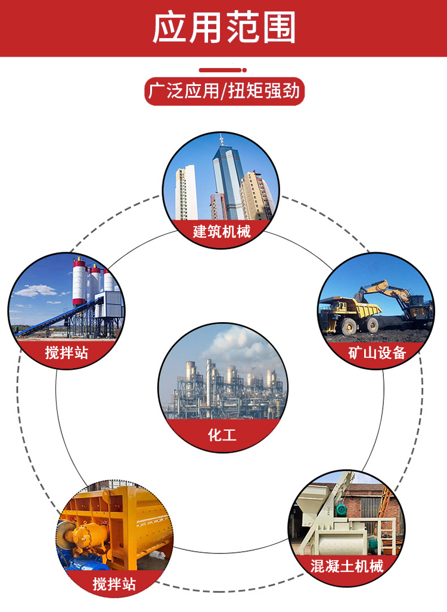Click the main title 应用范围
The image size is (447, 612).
(x=223, y=27)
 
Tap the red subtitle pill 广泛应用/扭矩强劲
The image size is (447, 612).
(x=224, y=91)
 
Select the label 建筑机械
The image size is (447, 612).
(x=222, y=231)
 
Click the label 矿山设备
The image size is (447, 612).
(x=377, y=353)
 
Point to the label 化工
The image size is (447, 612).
(x=222, y=435)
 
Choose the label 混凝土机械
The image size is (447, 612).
(x=347, y=566)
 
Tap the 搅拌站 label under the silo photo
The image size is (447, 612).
(x=66, y=353)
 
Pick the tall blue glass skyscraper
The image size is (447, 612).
(x=228, y=181)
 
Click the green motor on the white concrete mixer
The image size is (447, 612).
(x=342, y=509)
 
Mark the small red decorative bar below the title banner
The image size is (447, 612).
(x=223, y=70)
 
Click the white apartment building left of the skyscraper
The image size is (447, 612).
(x=186, y=193)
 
